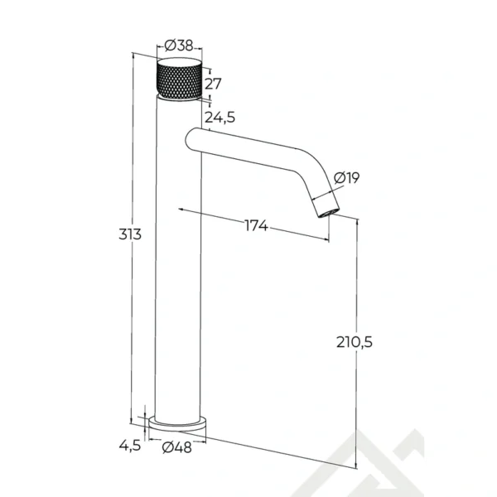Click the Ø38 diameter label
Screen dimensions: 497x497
click(x=179, y=46)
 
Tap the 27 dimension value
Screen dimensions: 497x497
click(x=213, y=84)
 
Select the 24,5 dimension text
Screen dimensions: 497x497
click(x=220, y=118)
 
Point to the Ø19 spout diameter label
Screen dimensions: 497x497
click(x=347, y=177)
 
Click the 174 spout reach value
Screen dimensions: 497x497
click(x=257, y=225)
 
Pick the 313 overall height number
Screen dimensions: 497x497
click(x=130, y=234)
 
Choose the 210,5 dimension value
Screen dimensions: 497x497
click(x=355, y=342)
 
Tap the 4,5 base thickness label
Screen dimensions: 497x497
click(x=130, y=446)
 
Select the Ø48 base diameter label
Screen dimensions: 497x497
click(x=177, y=447)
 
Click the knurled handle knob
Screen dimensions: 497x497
click(x=180, y=80)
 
